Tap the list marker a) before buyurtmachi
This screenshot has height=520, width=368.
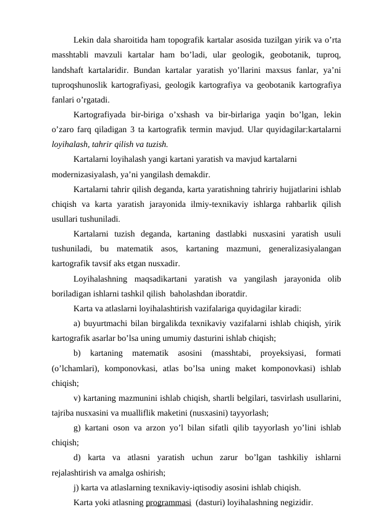pyautogui.click(x=77, y=322)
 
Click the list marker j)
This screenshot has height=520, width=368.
pyautogui.click(x=76, y=487)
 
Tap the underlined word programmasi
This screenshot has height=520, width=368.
pyautogui.click(x=168, y=501)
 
